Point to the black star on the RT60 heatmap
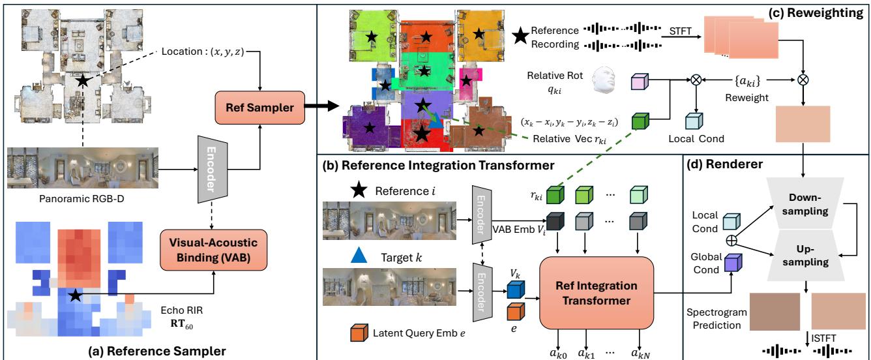point(76,296)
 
